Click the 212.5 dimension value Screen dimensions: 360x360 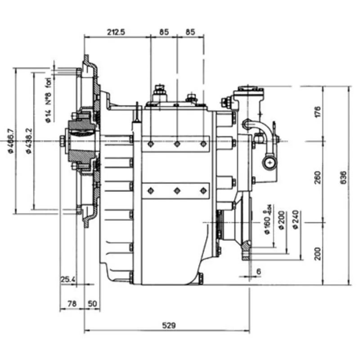tap(116, 32)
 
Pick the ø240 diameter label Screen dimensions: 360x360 tap(295, 220)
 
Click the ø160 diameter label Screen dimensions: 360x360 tap(266, 222)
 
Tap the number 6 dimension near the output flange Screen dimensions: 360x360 tap(259, 271)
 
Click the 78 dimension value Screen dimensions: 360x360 tap(71, 304)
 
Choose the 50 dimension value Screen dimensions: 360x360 tap(92, 304)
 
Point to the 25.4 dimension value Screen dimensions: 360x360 tap(68, 279)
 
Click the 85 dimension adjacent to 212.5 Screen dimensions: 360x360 tap(164, 32)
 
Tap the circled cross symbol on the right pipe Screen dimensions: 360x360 tap(270, 162)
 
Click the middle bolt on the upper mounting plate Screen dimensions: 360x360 tap(177, 144)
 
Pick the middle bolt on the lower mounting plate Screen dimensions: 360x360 tap(177, 190)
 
